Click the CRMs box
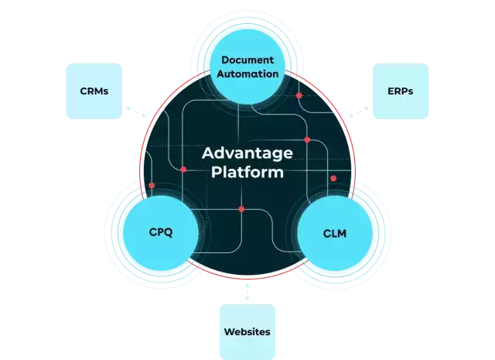(94, 91)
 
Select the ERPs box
(400, 91)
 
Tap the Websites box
(247, 331)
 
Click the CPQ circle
(156, 231)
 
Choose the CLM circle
(337, 231)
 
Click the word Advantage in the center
(247, 153)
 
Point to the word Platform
(247, 172)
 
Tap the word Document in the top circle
(247, 60)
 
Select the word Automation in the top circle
(247, 74)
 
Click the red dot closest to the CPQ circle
(152, 186)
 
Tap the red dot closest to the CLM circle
(333, 179)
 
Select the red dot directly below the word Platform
(241, 209)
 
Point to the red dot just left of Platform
(183, 169)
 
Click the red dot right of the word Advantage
(307, 140)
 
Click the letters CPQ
(156, 231)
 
